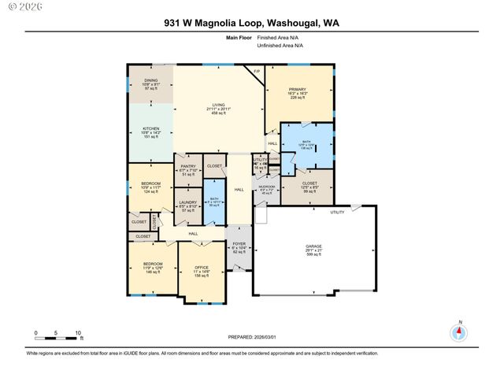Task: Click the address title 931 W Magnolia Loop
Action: [251, 24]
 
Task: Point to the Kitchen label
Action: [150, 128]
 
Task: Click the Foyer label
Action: [239, 247]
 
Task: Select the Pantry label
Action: [187, 169]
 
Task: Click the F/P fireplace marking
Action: [256, 73]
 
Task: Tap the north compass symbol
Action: [459, 332]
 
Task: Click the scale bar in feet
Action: [57, 336]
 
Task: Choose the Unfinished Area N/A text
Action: [280, 45]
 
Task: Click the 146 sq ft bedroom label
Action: [152, 267]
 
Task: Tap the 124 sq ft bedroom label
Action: [150, 187]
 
